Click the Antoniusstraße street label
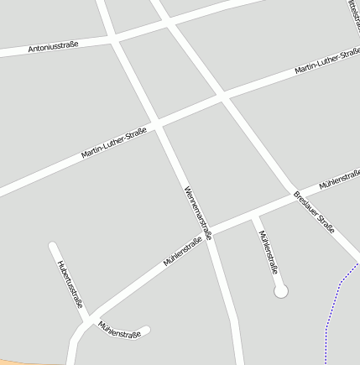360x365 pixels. [x=53, y=47]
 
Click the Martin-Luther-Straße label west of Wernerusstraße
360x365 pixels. [x=113, y=143]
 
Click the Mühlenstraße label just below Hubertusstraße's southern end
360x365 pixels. [x=118, y=328]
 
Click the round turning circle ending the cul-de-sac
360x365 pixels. [x=281, y=291]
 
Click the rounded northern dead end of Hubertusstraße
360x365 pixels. [x=53, y=247]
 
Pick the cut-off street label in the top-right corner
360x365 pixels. [x=351, y=12]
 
